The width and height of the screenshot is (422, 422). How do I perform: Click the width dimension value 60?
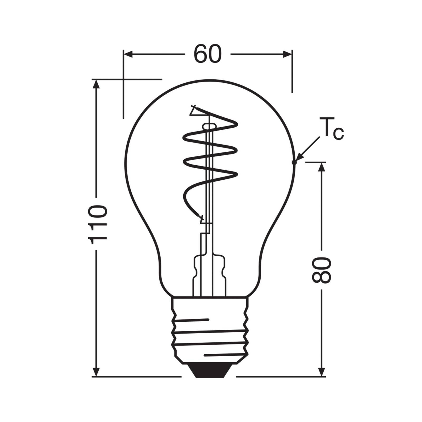coord(208,55)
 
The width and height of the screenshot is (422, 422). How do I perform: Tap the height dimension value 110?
coord(98,224)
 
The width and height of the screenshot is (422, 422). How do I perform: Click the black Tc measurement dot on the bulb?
coord(294,162)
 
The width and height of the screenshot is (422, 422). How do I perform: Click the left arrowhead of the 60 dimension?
coord(128,54)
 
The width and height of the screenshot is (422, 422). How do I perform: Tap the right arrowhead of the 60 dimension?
coord(287,54)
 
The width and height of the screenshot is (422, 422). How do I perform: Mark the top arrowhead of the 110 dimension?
coord(97,84)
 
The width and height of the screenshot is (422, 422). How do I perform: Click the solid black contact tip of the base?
coord(210,371)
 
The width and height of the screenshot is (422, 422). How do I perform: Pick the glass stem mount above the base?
coord(210,274)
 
